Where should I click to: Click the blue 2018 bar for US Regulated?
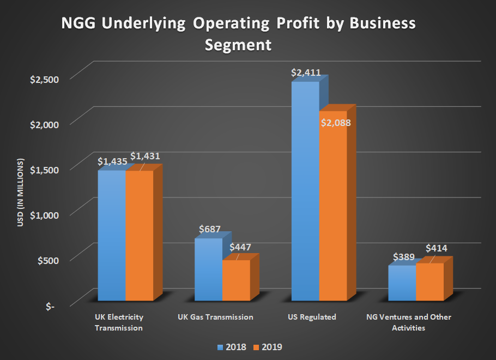point(305,191)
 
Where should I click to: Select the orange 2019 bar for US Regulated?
point(333,213)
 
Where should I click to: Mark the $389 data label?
point(404,257)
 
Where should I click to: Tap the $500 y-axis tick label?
point(46,260)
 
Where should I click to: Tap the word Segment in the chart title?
point(238,44)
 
